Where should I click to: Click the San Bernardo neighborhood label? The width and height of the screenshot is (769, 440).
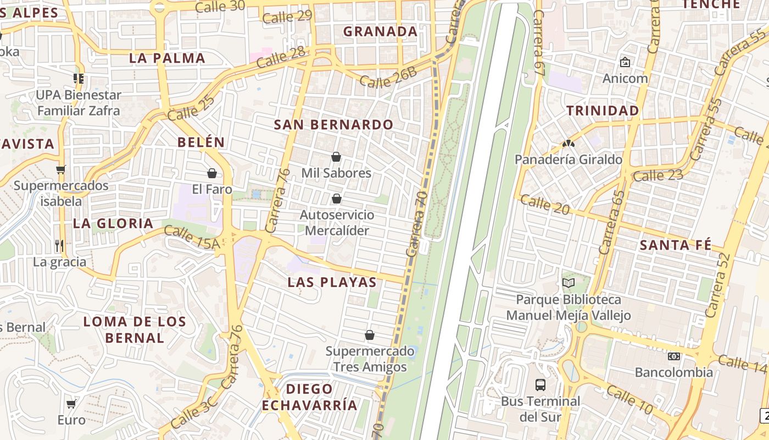pyautogui.click(x=334, y=125)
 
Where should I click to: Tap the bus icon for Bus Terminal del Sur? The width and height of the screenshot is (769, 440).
pyautogui.click(x=540, y=384)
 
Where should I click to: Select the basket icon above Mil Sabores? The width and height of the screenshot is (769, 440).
pyautogui.click(x=336, y=157)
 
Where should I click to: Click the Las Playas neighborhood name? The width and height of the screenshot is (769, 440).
pyautogui.click(x=332, y=283)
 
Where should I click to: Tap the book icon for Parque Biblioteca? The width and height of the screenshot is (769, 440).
pyautogui.click(x=569, y=283)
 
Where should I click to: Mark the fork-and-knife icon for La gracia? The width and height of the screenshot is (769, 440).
pyautogui.click(x=59, y=245)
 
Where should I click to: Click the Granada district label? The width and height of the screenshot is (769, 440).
pyautogui.click(x=381, y=32)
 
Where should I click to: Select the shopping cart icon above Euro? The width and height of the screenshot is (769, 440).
pyautogui.click(x=71, y=404)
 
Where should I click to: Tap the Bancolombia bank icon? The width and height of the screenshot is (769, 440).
pyautogui.click(x=674, y=356)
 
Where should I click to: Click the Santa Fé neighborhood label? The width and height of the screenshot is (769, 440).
pyautogui.click(x=675, y=245)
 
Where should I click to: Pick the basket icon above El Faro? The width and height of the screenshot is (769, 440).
pyautogui.click(x=212, y=174)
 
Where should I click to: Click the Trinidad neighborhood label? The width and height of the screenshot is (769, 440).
pyautogui.click(x=603, y=111)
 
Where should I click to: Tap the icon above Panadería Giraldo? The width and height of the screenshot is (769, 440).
pyautogui.click(x=568, y=144)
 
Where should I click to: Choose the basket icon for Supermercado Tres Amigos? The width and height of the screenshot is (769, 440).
pyautogui.click(x=370, y=335)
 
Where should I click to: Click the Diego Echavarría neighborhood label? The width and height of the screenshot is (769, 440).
pyautogui.click(x=310, y=397)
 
